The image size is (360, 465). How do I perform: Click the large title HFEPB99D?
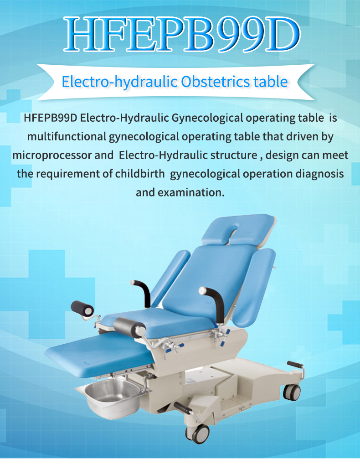(x=182, y=34)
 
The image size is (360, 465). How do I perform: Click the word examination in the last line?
(x=190, y=192)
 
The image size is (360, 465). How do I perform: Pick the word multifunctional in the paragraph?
(x=67, y=136)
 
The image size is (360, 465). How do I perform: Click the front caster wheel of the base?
(x=197, y=434)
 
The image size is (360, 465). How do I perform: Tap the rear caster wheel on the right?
(x=292, y=392)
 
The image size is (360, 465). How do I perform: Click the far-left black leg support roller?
(x=82, y=309)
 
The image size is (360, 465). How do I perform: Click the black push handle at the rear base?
(x=295, y=364)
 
